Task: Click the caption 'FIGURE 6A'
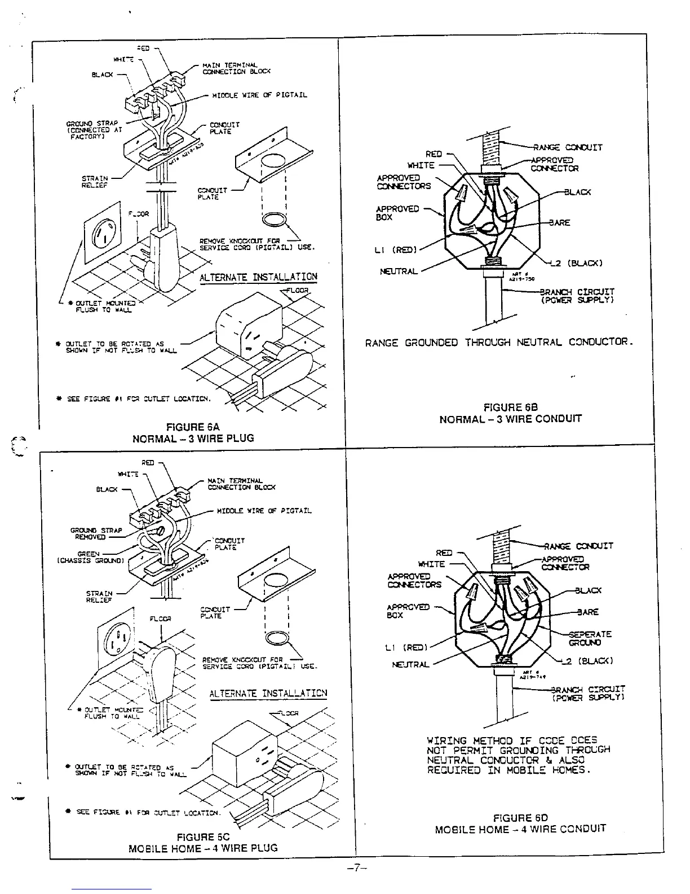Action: pos(193,427)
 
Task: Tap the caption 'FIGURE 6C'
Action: pos(203,837)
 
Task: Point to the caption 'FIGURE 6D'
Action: pos(520,817)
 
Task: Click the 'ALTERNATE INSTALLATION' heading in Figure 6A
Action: pos(258,277)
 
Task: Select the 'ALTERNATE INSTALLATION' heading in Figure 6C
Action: pos(268,693)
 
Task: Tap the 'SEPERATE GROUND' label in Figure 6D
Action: pos(589,638)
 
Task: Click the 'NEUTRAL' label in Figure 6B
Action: pos(399,271)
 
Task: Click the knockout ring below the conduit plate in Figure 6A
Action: pos(275,219)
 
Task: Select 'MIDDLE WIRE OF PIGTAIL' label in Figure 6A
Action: pos(259,95)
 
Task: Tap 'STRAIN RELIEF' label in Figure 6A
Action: pos(95,182)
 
